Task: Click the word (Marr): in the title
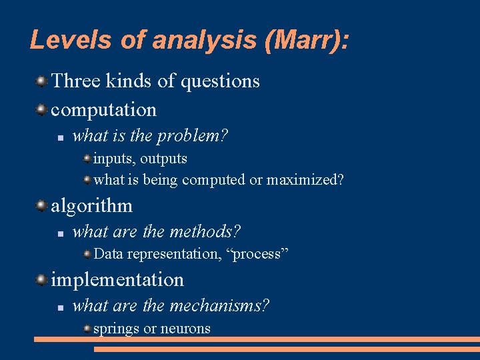(x=306, y=40)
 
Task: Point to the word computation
(x=103, y=109)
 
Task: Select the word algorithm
(x=91, y=205)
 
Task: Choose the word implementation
(x=117, y=279)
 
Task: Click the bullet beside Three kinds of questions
(x=41, y=81)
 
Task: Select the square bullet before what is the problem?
(x=59, y=137)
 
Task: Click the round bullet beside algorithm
(x=41, y=205)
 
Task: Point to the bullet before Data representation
(x=87, y=254)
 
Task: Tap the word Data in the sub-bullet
(x=108, y=254)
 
